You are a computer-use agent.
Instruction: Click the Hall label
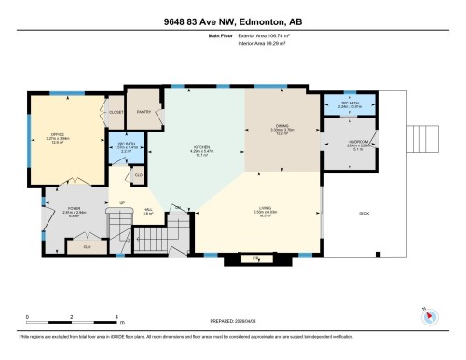coord(148,212)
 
